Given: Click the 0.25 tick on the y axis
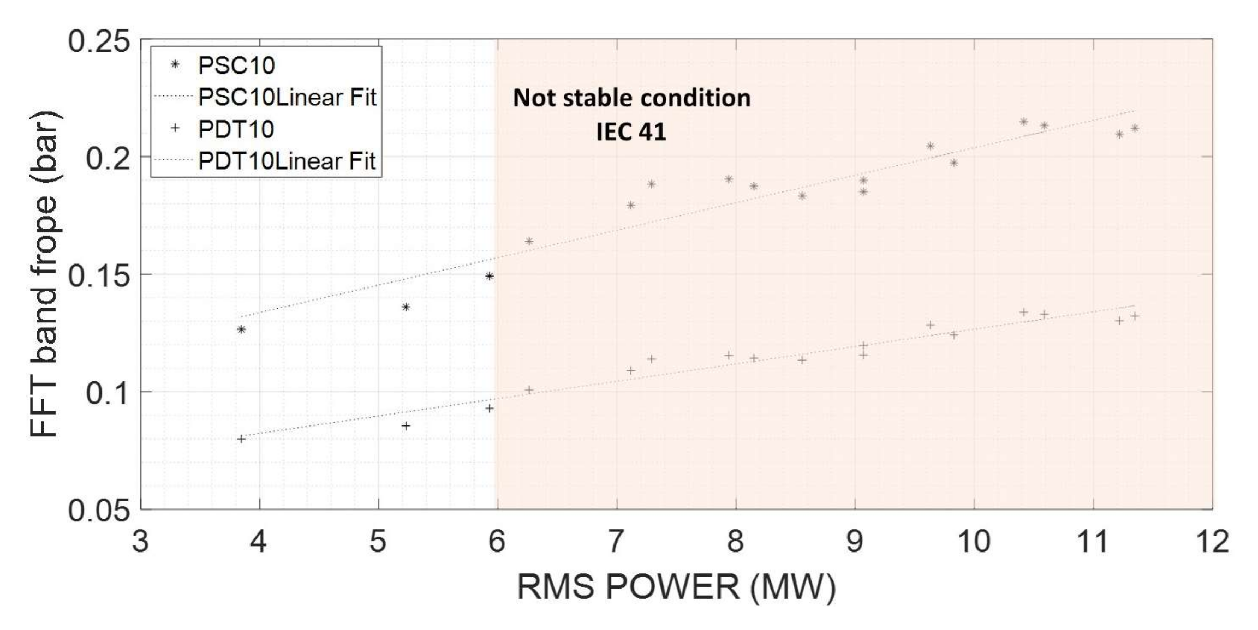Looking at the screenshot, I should click(99, 40).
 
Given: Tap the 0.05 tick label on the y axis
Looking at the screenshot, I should click(99, 511).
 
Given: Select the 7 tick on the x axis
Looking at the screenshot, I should click(616, 542).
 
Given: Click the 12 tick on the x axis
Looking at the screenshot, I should click(1212, 542).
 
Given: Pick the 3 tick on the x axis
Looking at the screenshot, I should click(140, 542).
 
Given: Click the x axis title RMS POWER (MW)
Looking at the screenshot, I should click(676, 587).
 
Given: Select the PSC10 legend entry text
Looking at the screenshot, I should click(236, 65).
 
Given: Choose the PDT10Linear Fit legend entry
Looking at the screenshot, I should click(287, 161).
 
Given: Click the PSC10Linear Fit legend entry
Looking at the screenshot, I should click(287, 97).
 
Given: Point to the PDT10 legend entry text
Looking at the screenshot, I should click(236, 129).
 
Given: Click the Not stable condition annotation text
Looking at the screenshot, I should click(631, 98).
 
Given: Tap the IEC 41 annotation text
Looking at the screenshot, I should click(631, 131).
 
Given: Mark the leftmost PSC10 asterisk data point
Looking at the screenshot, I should click(241, 329).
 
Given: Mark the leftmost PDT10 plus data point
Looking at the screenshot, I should click(241, 439).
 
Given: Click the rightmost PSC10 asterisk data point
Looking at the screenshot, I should click(1135, 128).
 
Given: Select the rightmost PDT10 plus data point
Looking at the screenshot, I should click(1135, 316).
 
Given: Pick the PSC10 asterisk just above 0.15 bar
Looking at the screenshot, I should click(490, 276).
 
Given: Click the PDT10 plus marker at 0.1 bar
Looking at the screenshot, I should click(529, 390).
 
